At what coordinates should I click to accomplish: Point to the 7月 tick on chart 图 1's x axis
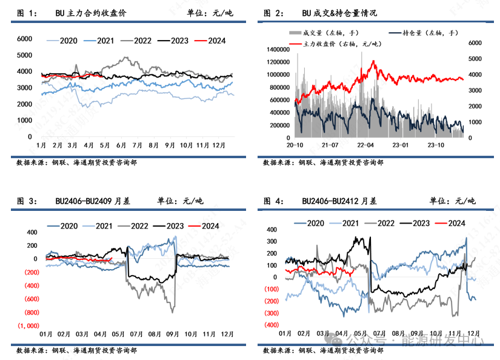(x=137, y=145)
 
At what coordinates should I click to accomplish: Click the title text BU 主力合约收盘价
(x=86, y=13)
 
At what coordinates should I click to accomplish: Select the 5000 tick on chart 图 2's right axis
(x=475, y=59)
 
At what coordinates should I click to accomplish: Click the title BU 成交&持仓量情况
(x=339, y=13)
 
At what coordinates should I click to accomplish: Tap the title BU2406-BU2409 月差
(x=93, y=201)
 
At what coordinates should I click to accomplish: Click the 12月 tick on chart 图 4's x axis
(x=473, y=333)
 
